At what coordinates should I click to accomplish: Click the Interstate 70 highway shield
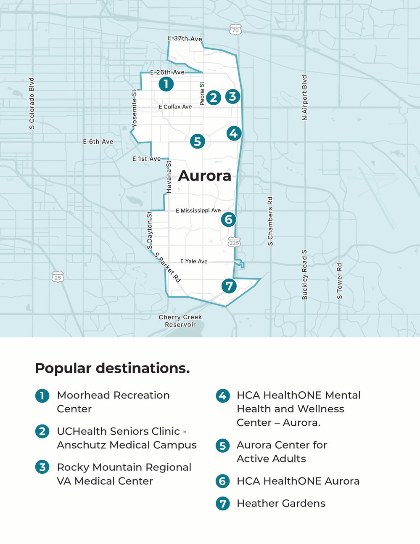[x=235, y=30]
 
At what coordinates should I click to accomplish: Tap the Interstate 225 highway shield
[x=234, y=243]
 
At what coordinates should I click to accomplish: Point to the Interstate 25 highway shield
[x=58, y=278]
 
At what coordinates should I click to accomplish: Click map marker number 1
[x=166, y=84]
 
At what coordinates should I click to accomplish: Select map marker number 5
[x=197, y=141]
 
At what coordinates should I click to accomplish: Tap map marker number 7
[x=229, y=286]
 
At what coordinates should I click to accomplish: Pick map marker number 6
[x=229, y=219]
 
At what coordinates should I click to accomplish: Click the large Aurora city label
[x=205, y=176]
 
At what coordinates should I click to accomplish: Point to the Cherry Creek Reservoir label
[x=180, y=321]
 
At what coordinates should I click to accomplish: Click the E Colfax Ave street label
[x=175, y=107]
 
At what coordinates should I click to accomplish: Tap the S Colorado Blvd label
[x=32, y=103]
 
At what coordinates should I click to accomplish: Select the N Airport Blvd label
[x=305, y=98]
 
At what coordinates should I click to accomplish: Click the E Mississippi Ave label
[x=198, y=210]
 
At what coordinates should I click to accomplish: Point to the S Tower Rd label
[x=340, y=281]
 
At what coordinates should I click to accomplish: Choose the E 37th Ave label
[x=185, y=39]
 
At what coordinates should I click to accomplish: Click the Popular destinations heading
[x=112, y=368]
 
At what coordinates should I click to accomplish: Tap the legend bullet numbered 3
[x=42, y=467]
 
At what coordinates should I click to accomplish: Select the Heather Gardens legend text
[x=281, y=503]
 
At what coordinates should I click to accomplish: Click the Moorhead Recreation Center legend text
[x=113, y=402]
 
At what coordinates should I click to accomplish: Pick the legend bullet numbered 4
[x=222, y=395]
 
